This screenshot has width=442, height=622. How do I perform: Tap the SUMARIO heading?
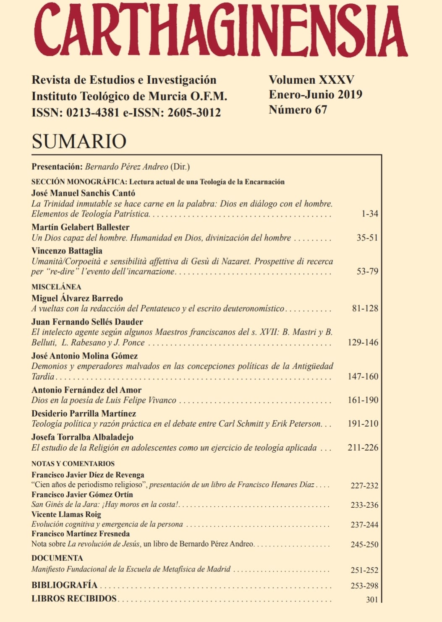pyautogui.click(x=79, y=141)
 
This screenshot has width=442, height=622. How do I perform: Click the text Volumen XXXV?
pyautogui.click(x=311, y=80)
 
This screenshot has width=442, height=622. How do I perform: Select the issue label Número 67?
pyautogui.click(x=298, y=110)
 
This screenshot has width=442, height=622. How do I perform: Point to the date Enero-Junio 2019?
pyautogui.click(x=315, y=95)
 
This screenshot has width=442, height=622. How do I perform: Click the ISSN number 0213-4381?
pyautogui.click(x=93, y=113)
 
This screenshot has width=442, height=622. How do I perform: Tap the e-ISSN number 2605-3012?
pyautogui.click(x=194, y=113)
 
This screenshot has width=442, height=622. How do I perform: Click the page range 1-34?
pyautogui.click(x=369, y=214)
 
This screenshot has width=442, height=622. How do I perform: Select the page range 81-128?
pyautogui.click(x=365, y=308)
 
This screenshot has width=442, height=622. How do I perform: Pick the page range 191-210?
pyautogui.click(x=363, y=424)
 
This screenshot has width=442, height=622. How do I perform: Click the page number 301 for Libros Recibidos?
pyautogui.click(x=372, y=600)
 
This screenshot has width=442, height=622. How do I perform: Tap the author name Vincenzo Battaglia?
pyautogui.click(x=67, y=251)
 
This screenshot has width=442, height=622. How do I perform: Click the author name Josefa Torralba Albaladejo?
pyautogui.click(x=82, y=437)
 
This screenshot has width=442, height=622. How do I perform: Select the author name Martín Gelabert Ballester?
pyautogui.click(x=80, y=227)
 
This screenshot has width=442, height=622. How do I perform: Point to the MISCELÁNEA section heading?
pyautogui.click(x=56, y=287)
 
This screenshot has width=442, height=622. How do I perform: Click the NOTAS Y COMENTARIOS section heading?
pyautogui.click(x=73, y=464)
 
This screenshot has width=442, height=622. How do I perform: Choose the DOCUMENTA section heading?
pyautogui.click(x=57, y=558)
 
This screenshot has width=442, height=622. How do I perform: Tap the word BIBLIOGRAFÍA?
pyautogui.click(x=64, y=585)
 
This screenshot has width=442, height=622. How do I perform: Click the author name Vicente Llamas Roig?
pyautogui.click(x=66, y=514)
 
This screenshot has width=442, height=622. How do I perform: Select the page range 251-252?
pyautogui.click(x=364, y=570)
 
